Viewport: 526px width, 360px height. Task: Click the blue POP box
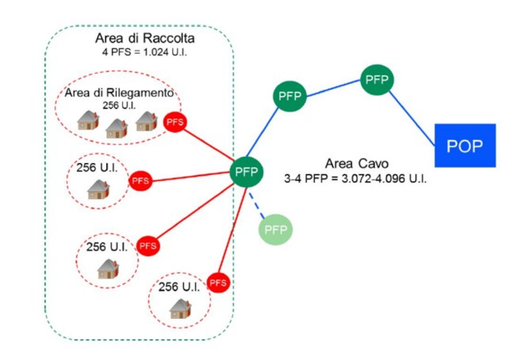464,145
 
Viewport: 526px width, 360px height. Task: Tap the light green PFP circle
276,229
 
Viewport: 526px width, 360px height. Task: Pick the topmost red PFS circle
175,122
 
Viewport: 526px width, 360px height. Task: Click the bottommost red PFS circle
218,282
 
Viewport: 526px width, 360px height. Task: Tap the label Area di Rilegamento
119,94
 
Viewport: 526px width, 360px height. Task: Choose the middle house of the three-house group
115,127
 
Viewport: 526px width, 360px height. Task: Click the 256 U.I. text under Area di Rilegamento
119,106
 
